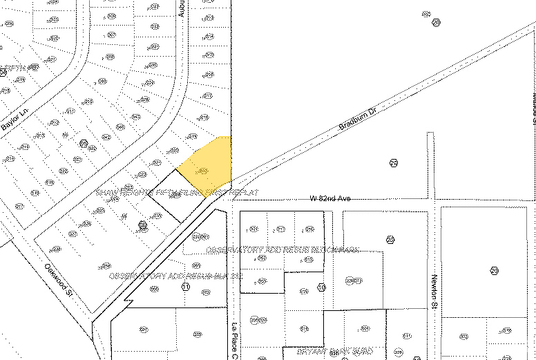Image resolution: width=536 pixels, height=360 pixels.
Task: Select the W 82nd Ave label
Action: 330,199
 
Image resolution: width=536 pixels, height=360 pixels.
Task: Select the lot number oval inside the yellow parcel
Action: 203,171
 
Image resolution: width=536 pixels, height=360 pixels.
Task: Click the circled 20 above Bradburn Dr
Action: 436,22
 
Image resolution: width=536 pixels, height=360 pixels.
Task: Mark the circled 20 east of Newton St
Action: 495,271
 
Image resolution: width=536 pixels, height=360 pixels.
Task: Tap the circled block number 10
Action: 321,287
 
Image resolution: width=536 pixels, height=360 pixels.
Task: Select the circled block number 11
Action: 185,287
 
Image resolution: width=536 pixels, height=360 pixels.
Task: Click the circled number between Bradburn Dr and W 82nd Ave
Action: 394,163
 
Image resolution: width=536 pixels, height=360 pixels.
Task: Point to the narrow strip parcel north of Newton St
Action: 430,166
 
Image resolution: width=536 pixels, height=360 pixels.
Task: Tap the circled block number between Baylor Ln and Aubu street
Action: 84,144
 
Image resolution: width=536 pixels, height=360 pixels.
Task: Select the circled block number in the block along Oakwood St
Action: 143,225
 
